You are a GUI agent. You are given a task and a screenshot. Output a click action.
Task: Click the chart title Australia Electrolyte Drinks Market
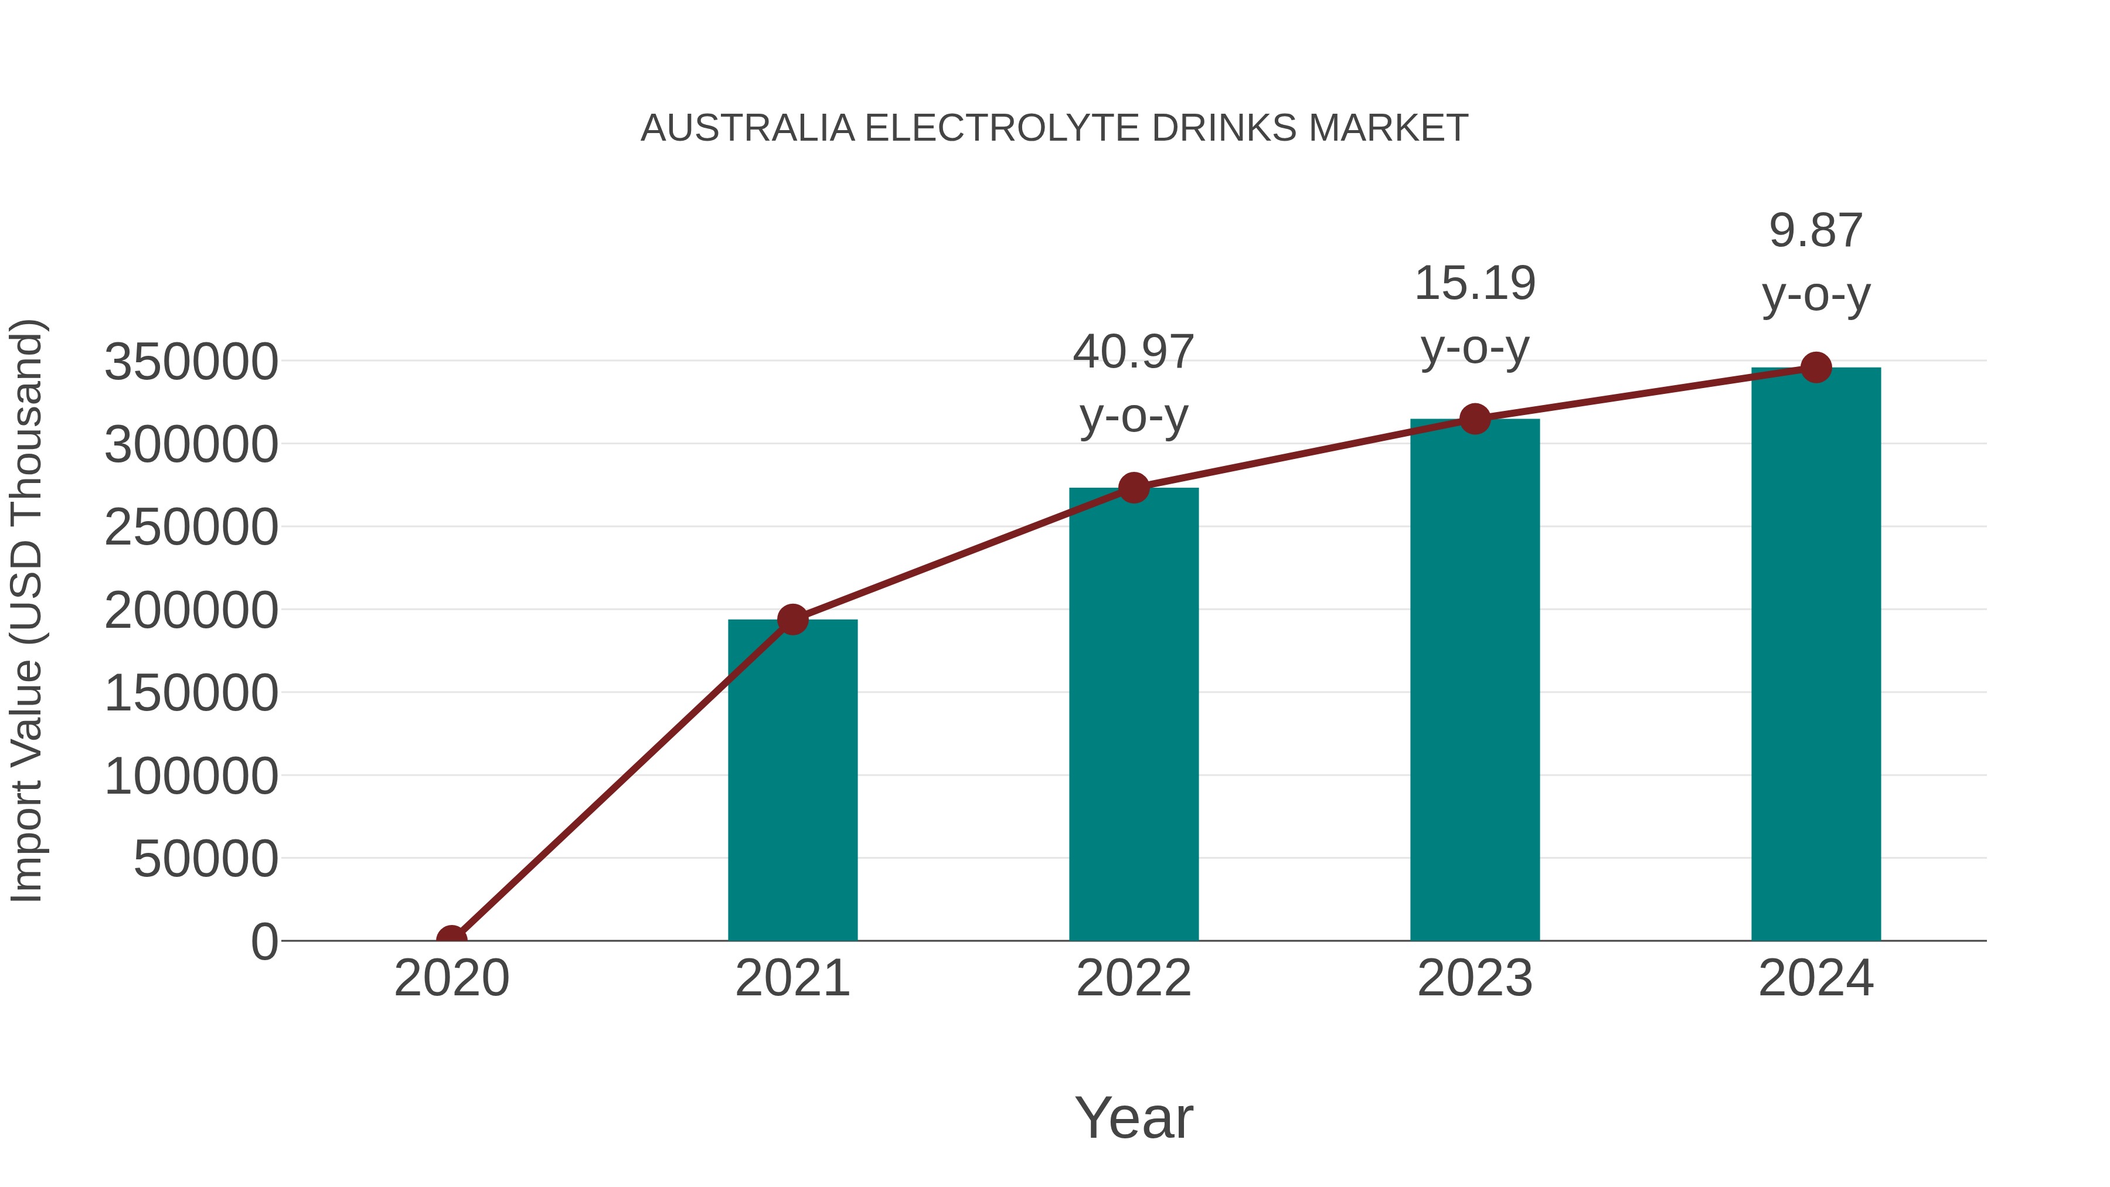click(1054, 128)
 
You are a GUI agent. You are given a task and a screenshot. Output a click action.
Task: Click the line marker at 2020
click(451, 939)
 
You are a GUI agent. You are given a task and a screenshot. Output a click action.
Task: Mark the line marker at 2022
click(1134, 488)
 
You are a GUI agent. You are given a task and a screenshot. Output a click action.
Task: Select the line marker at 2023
click(1475, 420)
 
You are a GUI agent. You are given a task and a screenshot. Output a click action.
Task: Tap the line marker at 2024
click(1816, 368)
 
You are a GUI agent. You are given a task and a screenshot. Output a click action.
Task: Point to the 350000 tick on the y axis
click(191, 362)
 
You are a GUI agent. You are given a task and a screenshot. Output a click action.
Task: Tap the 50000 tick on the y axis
click(206, 859)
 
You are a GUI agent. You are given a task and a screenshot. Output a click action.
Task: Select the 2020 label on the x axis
click(451, 978)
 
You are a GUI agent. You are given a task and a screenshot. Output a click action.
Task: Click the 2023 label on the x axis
click(1475, 978)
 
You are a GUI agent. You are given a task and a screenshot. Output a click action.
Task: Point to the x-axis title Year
click(1134, 1117)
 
